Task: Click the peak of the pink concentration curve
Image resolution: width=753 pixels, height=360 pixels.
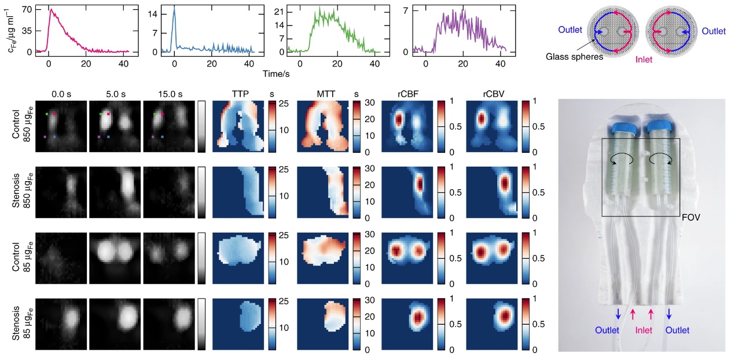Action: pos(50,9)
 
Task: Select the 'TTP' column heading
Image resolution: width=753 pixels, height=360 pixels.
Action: pos(237,93)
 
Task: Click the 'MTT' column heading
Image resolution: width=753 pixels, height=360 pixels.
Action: pos(322,93)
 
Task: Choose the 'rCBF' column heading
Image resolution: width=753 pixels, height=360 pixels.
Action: pos(406,93)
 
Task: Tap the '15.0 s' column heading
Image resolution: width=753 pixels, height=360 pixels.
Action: pos(168,93)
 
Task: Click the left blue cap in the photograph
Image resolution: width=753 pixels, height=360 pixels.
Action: pos(620,129)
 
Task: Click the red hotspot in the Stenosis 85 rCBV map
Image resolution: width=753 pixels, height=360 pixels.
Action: pos(505,315)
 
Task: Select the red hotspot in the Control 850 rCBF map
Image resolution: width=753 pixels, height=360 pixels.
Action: pos(399,119)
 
